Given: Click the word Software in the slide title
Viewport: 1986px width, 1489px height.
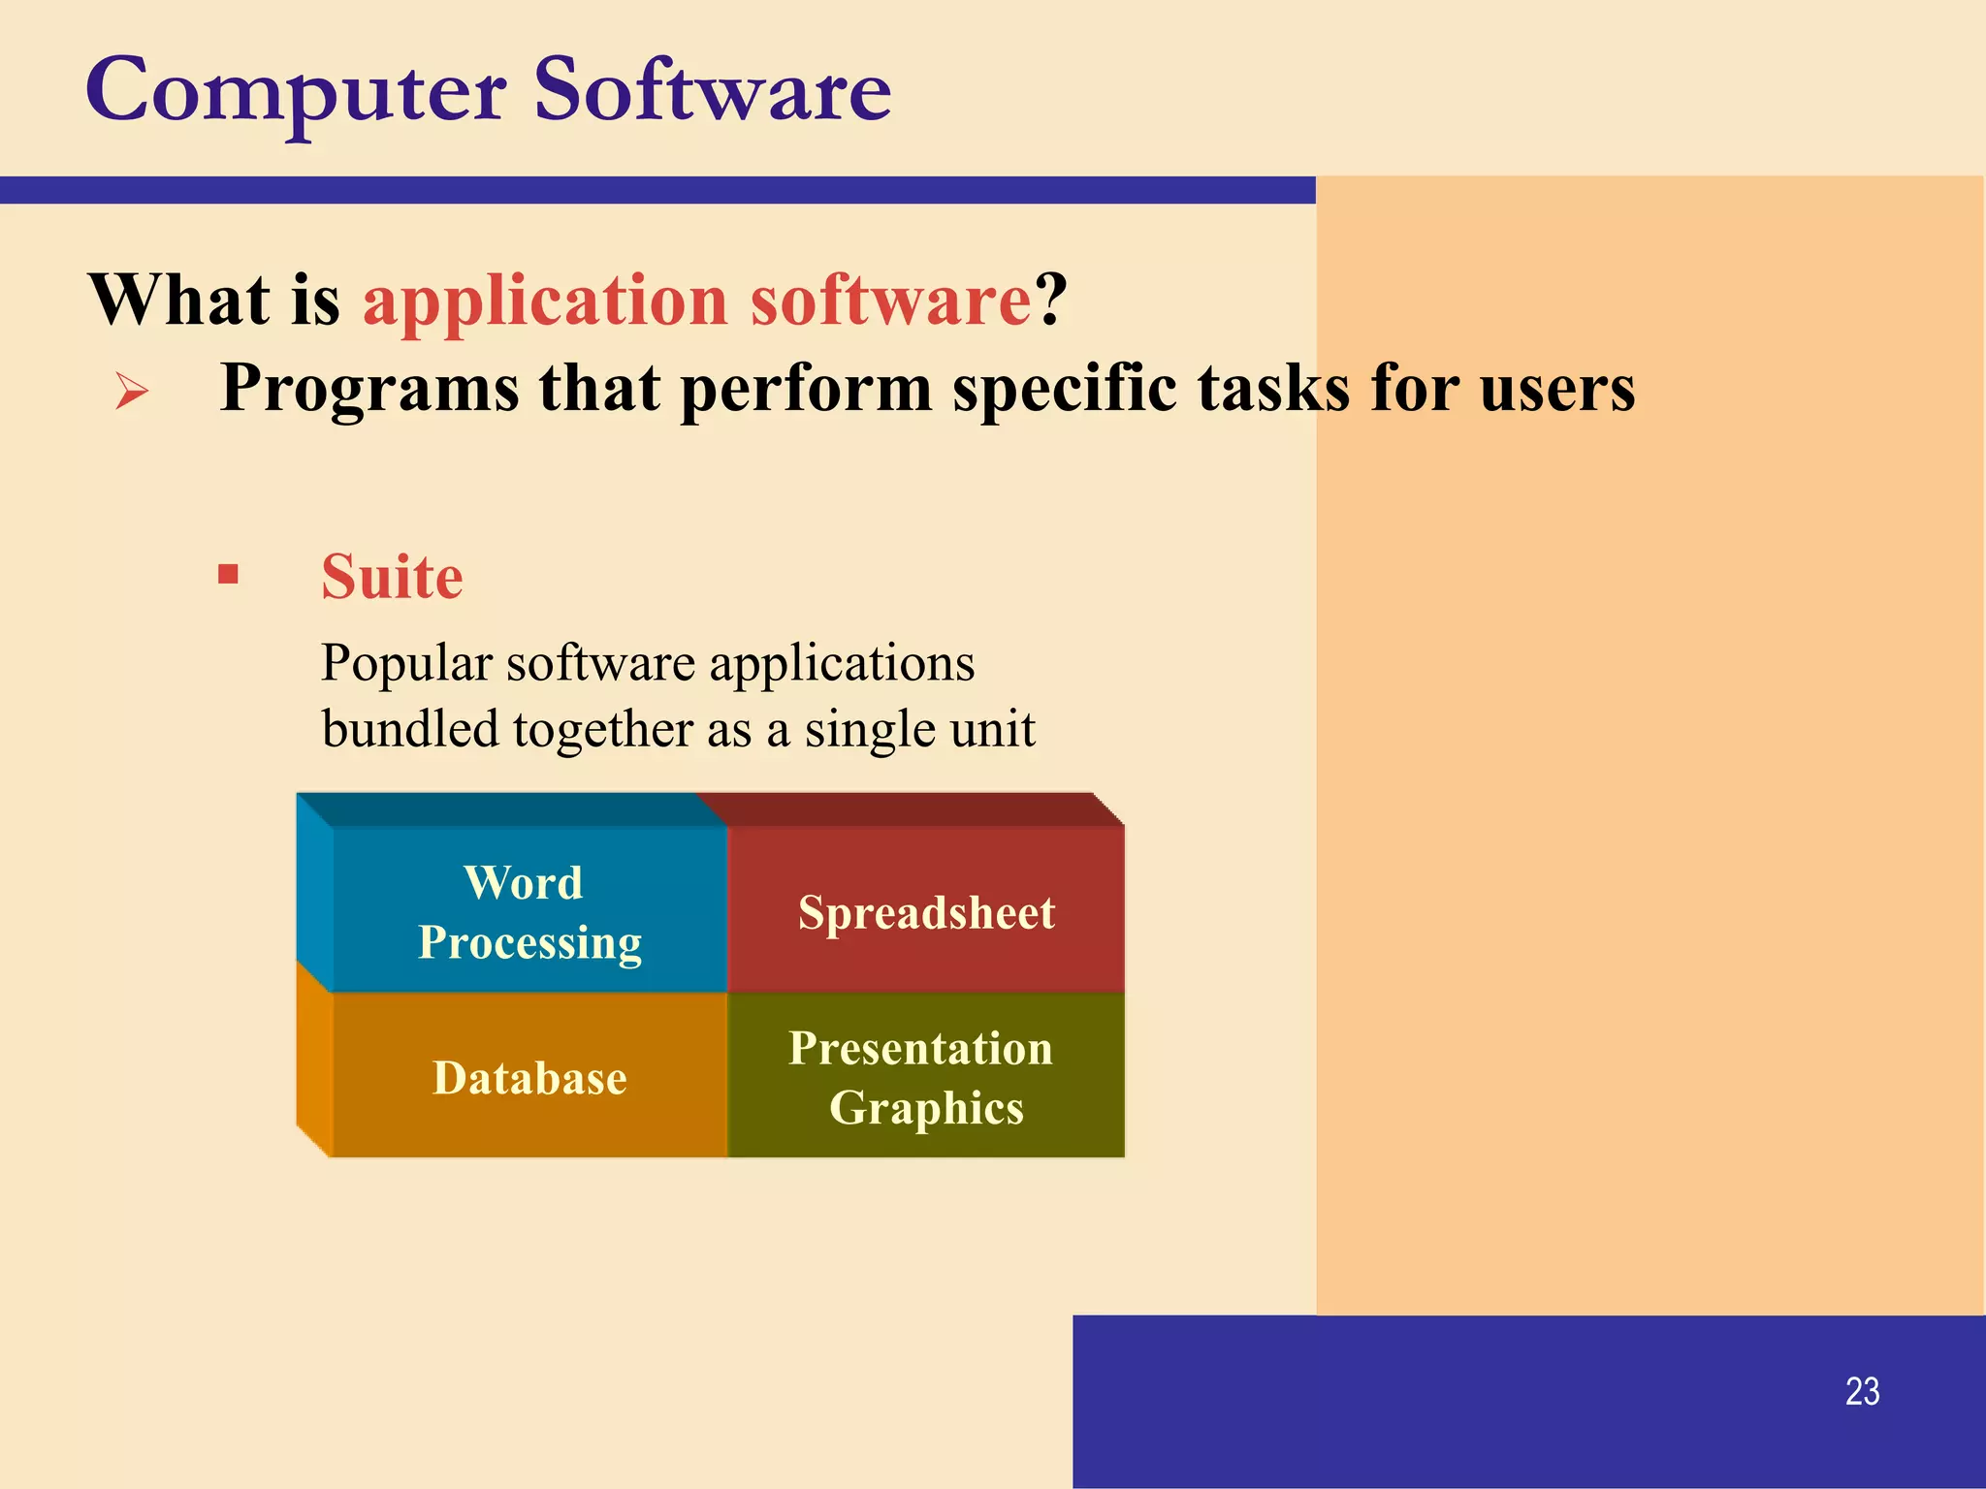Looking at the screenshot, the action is (713, 90).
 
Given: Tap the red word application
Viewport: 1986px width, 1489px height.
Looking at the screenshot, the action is (545, 301).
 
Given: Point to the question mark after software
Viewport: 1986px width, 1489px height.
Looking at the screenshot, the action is (1051, 300).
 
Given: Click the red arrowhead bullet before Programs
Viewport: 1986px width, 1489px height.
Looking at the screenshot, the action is (132, 392).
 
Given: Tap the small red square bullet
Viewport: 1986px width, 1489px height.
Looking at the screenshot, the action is (229, 575).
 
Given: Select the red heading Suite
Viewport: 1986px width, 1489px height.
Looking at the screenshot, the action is (392, 578).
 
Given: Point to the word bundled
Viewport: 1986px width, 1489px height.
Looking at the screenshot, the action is (409, 730).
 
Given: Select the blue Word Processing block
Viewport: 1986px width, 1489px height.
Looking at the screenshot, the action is (529, 911).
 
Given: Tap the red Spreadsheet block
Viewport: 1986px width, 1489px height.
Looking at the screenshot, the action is (926, 911).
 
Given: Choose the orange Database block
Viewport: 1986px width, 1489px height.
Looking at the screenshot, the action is (529, 1076).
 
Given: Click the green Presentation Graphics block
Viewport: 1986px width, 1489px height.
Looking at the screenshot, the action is (926, 1076).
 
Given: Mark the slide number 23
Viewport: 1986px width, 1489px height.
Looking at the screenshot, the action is (1862, 1391).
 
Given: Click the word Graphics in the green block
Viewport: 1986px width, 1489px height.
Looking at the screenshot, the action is (926, 1108).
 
